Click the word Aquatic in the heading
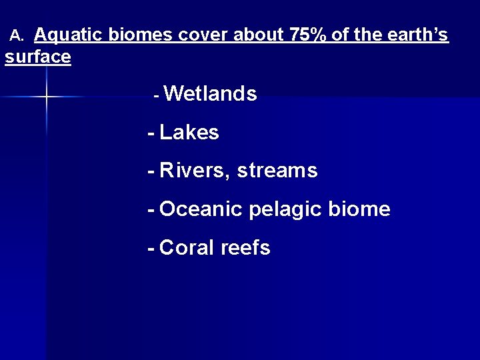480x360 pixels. click(x=69, y=35)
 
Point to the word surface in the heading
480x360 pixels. click(x=38, y=57)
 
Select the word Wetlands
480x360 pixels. click(x=210, y=95)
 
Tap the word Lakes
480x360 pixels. click(x=189, y=133)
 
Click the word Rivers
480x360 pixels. click(x=195, y=171)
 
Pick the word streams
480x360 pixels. click(x=277, y=171)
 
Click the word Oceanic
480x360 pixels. click(x=201, y=210)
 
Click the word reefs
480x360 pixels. click(x=245, y=248)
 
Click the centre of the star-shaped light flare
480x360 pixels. click(x=47, y=97)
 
